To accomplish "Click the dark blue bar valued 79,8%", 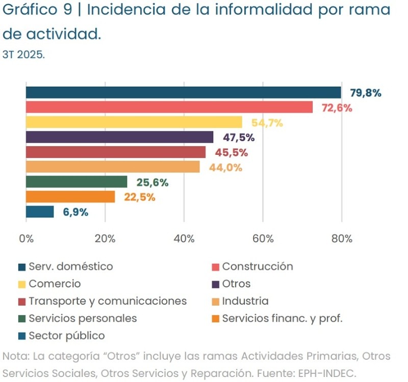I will tap(184, 92).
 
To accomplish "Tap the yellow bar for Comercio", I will tap(134, 122).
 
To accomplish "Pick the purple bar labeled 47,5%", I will tap(119, 137).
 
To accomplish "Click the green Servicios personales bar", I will tap(76, 182).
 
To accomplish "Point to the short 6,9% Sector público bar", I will tap(40, 212).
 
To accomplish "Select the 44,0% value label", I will tap(225, 168).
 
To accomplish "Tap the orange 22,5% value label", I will tap(139, 197).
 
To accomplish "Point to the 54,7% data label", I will tap(267, 123).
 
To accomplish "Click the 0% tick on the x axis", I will tap(26, 239).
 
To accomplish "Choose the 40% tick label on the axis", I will tap(184, 239).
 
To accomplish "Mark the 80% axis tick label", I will tap(341, 239).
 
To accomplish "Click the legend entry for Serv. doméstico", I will tap(70, 266).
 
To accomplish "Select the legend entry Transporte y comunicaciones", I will tap(107, 301).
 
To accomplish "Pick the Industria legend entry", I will tap(245, 301).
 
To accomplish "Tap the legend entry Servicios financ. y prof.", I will tap(282, 318).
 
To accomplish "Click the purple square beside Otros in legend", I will tap(215, 284).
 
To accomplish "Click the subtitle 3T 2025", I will tap(23, 54).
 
